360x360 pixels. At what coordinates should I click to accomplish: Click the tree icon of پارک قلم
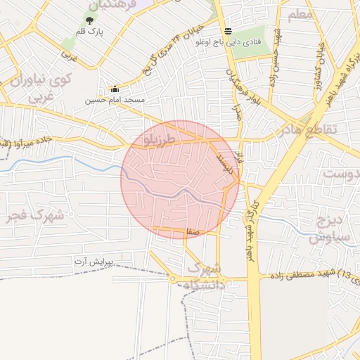click(x=89, y=20)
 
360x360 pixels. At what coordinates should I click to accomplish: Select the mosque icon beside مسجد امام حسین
click(x=115, y=89)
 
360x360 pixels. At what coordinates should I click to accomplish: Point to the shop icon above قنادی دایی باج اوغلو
click(x=227, y=31)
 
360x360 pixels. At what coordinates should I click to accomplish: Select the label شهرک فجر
click(x=34, y=216)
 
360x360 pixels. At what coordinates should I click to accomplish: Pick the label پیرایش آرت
click(x=103, y=262)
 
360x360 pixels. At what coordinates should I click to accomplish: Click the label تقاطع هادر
click(x=309, y=130)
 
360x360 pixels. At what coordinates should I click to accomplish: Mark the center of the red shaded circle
click(x=180, y=179)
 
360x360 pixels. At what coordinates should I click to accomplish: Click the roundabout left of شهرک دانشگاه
click(x=172, y=279)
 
